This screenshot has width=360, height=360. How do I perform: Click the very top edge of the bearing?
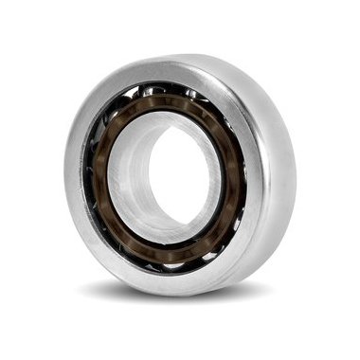click(x=189, y=56)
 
